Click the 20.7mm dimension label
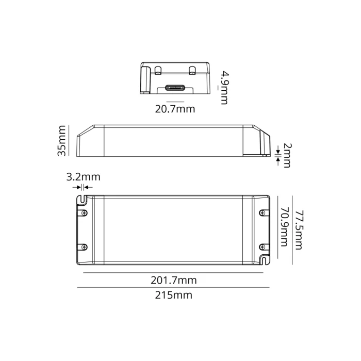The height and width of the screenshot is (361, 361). tap(175, 109)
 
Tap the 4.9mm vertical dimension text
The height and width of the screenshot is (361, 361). tap(223, 87)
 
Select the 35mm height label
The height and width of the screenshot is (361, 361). tap(62, 140)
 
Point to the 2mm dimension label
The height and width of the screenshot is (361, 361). tap(286, 155)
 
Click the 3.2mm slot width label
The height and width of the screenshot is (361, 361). tap(84, 177)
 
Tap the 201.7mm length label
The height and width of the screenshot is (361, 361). tap(174, 280)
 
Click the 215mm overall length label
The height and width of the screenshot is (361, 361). tap(174, 295)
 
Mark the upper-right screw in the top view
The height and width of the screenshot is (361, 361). tap(264, 212)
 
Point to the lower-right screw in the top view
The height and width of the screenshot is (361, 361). tap(264, 247)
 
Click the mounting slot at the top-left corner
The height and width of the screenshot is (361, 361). tap(81, 199)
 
